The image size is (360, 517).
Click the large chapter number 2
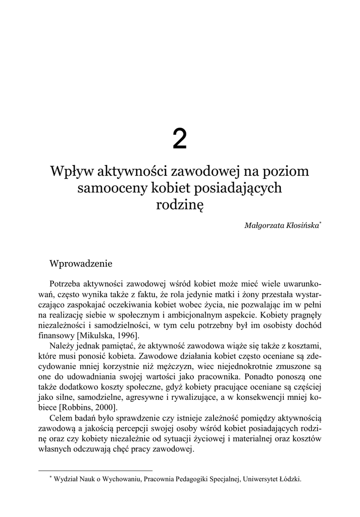click(179, 139)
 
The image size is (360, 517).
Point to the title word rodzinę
click(179, 205)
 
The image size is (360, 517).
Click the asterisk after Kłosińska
click(321, 222)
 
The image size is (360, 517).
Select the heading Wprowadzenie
click(80, 263)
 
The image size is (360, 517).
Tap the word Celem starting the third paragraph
click(62, 418)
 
